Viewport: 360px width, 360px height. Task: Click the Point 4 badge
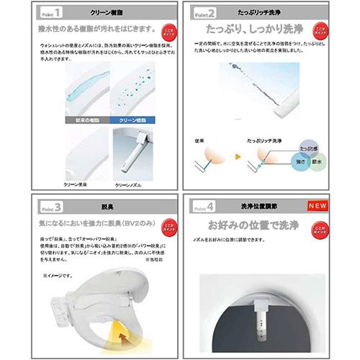208,204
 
